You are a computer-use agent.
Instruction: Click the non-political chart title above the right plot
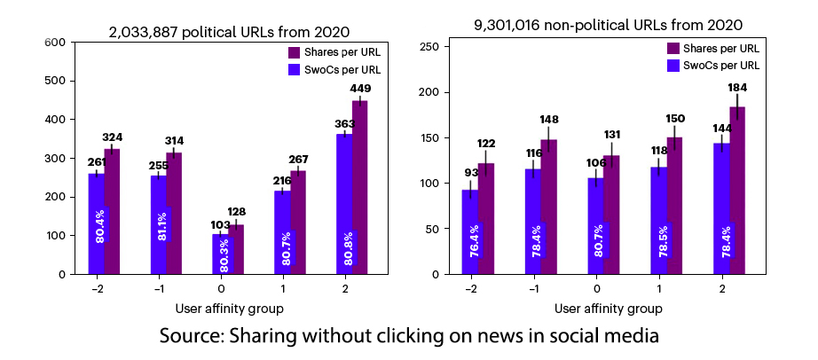[609, 25]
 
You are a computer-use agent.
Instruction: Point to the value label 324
[113, 137]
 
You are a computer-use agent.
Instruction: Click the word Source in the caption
[190, 337]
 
